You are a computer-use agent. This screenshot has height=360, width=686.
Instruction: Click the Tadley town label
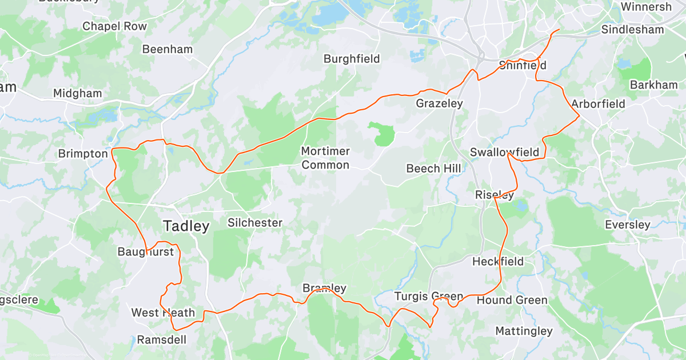(x=186, y=226)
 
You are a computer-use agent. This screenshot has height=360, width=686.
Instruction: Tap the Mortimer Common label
(x=325, y=158)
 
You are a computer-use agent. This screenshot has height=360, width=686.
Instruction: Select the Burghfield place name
(x=352, y=59)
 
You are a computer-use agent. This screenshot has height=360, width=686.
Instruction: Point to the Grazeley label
(x=439, y=103)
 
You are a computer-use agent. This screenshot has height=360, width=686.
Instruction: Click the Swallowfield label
(x=504, y=152)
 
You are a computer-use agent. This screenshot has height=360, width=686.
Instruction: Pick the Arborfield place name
(x=598, y=104)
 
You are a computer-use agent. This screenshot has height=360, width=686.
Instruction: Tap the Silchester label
(x=255, y=223)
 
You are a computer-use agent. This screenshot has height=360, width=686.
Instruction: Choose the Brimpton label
(x=83, y=154)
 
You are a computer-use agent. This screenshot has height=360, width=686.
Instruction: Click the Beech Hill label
(x=430, y=169)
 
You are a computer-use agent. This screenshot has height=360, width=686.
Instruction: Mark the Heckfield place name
(x=497, y=262)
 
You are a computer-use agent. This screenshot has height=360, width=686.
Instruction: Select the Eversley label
(x=628, y=225)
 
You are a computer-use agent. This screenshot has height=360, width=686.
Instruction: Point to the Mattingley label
(x=524, y=331)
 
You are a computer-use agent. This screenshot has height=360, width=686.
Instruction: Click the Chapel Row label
(x=114, y=26)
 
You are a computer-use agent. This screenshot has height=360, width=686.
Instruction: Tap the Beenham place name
(x=167, y=49)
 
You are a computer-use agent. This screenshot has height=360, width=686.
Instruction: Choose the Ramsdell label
(x=161, y=340)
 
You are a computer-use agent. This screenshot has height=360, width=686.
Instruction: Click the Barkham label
(x=653, y=85)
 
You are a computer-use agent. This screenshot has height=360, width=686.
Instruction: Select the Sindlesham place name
(x=633, y=30)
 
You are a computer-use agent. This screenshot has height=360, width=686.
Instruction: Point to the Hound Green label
(x=512, y=300)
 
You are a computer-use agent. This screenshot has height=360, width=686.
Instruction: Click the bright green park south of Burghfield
(x=382, y=133)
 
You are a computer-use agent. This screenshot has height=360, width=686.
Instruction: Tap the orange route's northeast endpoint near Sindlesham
(x=559, y=29)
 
